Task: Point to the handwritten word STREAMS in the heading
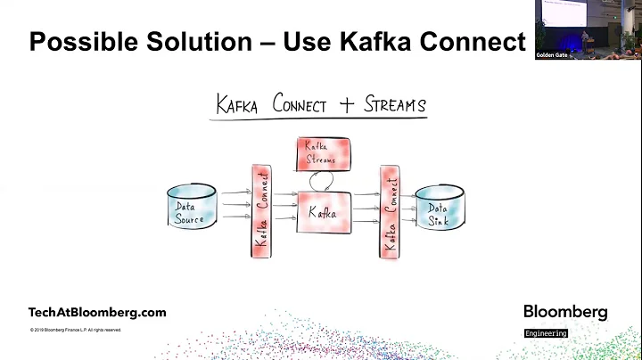[395, 105]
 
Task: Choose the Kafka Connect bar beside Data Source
[261, 212]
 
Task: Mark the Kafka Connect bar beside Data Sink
[389, 212]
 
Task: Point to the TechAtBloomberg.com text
[97, 313]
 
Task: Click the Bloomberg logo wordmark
[565, 312]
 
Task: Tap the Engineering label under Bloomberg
[546, 333]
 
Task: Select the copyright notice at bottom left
[77, 331]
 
